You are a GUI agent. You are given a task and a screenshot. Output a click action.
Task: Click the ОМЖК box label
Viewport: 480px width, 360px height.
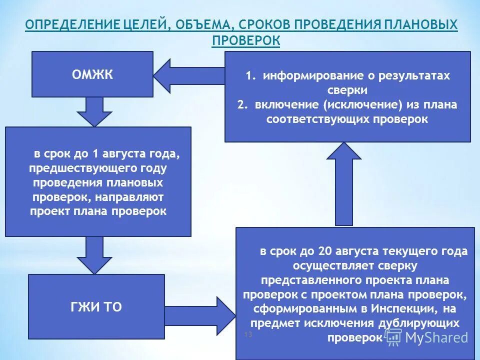click(92, 75)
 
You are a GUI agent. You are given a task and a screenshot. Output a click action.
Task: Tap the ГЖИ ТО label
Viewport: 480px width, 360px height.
click(96, 306)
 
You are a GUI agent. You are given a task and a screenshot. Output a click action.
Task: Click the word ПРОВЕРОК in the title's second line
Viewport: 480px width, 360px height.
click(245, 40)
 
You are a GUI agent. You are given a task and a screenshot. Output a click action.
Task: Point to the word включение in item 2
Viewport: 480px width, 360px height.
click(286, 105)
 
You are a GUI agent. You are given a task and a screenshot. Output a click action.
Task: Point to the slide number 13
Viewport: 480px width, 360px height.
click(247, 333)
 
